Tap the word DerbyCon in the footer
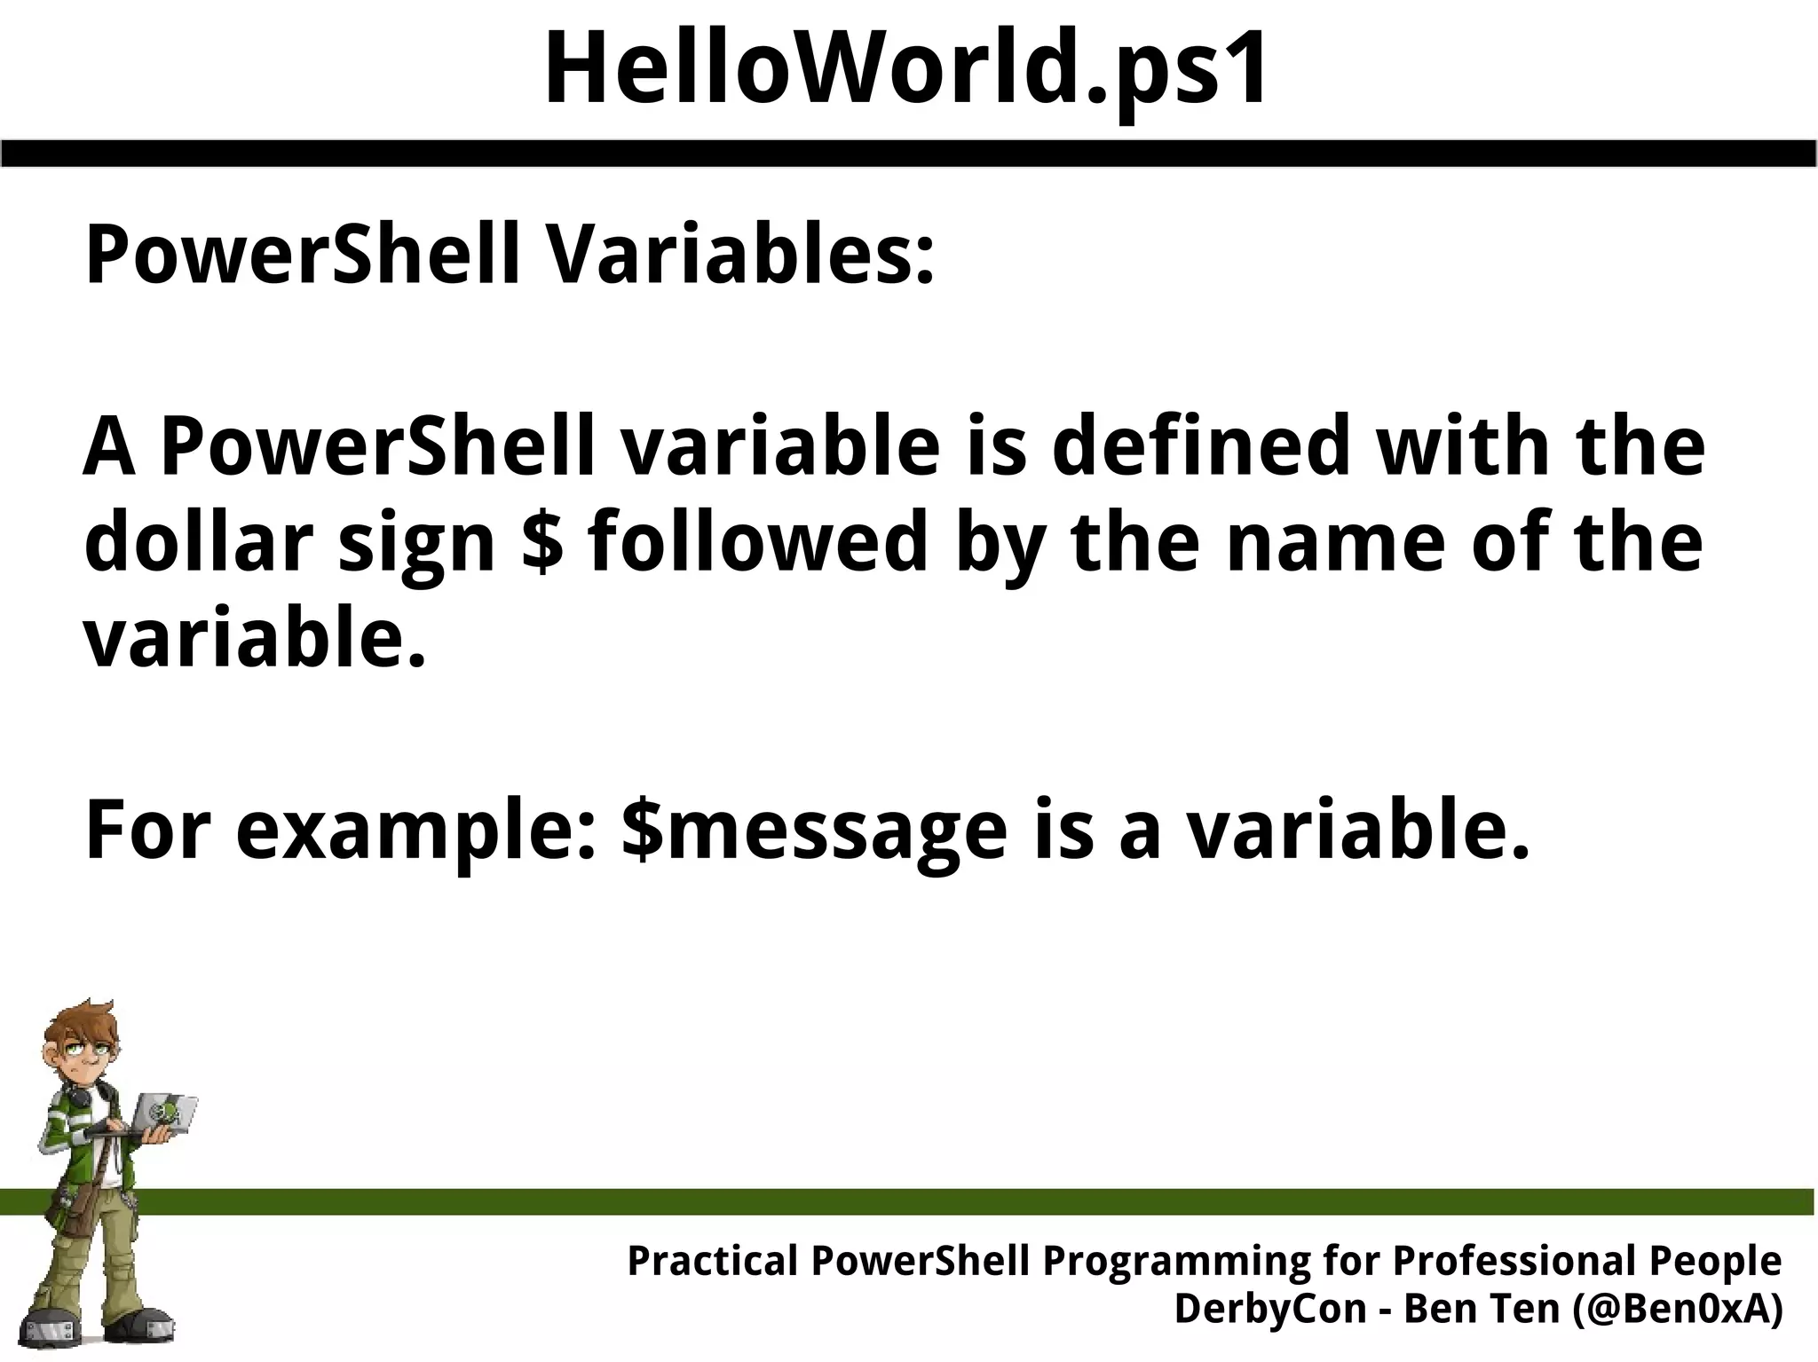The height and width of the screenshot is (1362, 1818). point(1269,1309)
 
